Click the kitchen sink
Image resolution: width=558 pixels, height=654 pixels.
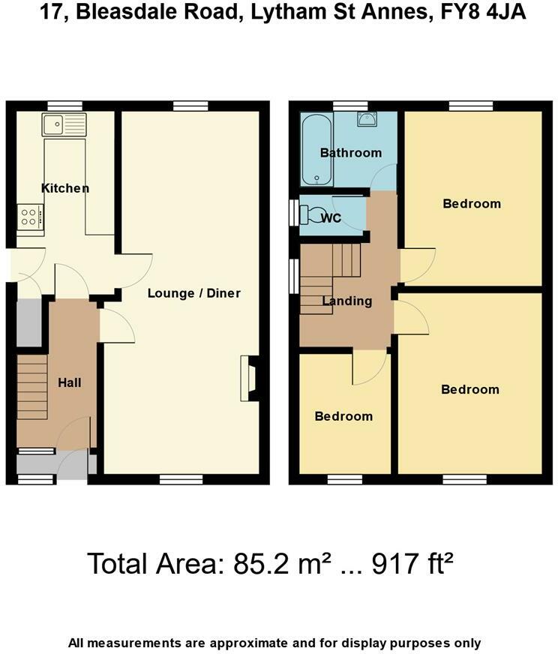coord(64,124)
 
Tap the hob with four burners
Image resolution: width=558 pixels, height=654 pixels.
coord(30,217)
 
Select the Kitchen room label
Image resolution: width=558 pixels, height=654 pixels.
coord(65,188)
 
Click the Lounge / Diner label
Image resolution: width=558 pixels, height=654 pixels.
coord(193,292)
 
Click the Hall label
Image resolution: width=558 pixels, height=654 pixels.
coord(69,382)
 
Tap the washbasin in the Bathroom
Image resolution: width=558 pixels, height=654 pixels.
coord(367,120)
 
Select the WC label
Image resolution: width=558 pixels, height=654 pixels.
coord(331,218)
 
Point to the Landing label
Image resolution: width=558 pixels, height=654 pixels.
coord(346,301)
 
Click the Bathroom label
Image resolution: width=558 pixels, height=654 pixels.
coord(350,153)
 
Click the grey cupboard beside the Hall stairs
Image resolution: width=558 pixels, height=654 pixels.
coord(29,322)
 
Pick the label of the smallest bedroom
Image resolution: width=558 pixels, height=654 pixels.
coord(343,416)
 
